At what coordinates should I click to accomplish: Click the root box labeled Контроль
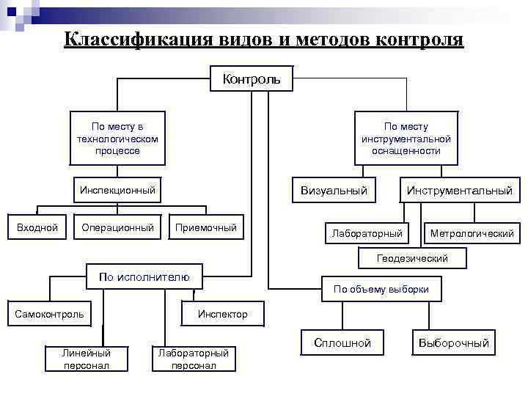pyautogui.click(x=252, y=78)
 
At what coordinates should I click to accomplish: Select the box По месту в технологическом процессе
pyautogui.click(x=117, y=138)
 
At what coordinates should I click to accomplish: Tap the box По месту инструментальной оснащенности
pyautogui.click(x=406, y=138)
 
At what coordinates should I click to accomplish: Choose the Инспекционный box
pyautogui.click(x=117, y=191)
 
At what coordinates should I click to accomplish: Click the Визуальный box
pyautogui.click(x=334, y=191)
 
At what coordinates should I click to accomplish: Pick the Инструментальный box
pyautogui.click(x=460, y=191)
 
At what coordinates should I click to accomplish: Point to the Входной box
pyautogui.click(x=37, y=228)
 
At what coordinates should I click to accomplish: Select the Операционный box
pyautogui.click(x=117, y=228)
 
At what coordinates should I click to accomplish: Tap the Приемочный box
pyautogui.click(x=206, y=228)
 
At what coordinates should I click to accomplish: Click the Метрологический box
pyautogui.click(x=472, y=233)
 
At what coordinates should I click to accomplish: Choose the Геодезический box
pyautogui.click(x=411, y=258)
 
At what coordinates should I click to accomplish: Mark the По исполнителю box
pyautogui.click(x=144, y=276)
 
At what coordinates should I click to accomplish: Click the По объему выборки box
pyautogui.click(x=381, y=289)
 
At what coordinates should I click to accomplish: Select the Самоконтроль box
pyautogui.click(x=49, y=315)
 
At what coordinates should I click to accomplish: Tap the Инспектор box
pyautogui.click(x=223, y=315)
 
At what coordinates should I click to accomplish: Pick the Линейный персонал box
pyautogui.click(x=87, y=359)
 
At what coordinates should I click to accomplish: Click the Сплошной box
pyautogui.click(x=342, y=343)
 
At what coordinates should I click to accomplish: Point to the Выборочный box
pyautogui.click(x=453, y=343)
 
